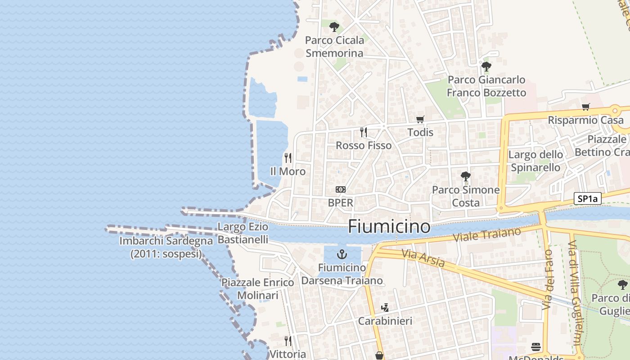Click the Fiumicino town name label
[389, 226]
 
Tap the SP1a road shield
[588, 198]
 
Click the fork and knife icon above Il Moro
[288, 158]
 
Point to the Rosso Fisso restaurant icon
[364, 132]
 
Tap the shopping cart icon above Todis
[420, 119]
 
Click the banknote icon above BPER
[341, 189]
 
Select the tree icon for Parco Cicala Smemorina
[334, 27]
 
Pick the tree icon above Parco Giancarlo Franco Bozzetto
[486, 67]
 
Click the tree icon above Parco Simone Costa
[466, 176]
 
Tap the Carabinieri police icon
[384, 308]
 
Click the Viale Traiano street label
[487, 234]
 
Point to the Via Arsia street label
[423, 258]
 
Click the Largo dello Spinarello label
[535, 161]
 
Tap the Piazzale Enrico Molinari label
[257, 289]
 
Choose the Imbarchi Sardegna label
[166, 247]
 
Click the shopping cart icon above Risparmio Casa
[585, 107]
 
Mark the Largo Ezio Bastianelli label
[243, 233]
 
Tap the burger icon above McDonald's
[535, 347]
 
